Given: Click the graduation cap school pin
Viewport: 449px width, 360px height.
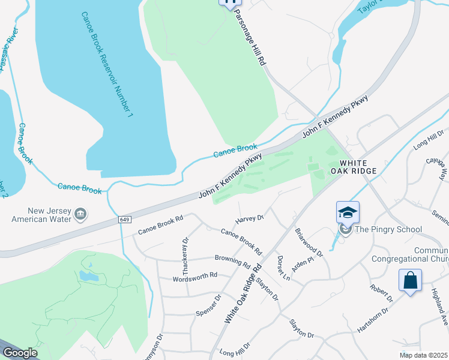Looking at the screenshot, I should [348, 212].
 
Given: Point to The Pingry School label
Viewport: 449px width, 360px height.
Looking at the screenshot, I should [388, 229].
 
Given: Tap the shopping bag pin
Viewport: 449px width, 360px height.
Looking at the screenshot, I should [410, 280].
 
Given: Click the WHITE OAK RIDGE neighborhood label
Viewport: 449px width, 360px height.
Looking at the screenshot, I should [358, 167].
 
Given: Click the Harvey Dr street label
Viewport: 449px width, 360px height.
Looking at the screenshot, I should [250, 218].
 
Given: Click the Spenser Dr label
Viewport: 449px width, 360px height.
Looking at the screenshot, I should [209, 305].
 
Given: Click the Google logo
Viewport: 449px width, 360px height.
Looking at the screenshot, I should [20, 353].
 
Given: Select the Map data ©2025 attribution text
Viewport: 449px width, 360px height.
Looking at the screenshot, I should [423, 355].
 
